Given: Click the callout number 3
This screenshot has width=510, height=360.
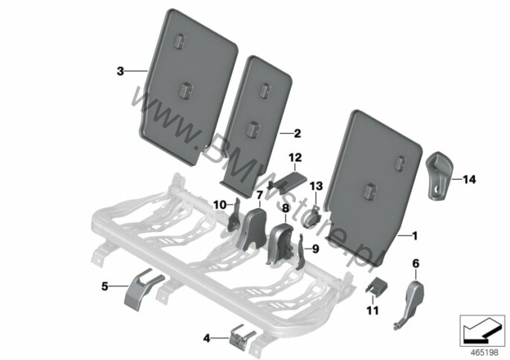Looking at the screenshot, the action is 120,71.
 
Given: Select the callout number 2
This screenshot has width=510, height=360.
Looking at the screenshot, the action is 297,133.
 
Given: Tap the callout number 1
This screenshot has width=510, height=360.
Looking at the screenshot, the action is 414,236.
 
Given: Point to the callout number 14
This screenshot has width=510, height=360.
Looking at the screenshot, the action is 469,179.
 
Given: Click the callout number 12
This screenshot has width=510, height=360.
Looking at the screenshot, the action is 295,158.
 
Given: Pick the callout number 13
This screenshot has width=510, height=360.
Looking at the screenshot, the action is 316,186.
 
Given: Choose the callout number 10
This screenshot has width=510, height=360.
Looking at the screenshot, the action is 220,205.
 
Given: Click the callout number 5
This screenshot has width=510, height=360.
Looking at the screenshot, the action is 105,286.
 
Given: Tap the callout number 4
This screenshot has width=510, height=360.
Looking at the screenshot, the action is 207,338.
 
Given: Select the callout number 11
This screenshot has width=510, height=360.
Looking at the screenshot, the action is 372,310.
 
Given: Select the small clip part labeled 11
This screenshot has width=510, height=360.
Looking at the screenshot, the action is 376,286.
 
